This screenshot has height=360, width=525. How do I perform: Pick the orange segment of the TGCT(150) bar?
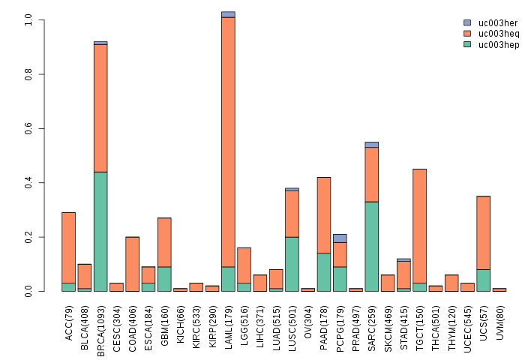[420, 226]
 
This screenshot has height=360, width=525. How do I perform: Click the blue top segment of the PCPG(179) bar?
[340, 238]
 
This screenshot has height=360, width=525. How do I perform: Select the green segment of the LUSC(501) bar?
[292, 263]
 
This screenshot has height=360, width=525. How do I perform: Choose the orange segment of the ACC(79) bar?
[68, 247]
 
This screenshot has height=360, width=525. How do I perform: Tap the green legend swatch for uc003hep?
[467, 45]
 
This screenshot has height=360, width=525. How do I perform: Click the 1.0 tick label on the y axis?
[28, 20]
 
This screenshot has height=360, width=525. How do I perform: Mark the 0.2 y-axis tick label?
[28, 237]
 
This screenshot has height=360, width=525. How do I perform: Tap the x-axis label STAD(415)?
[404, 321]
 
